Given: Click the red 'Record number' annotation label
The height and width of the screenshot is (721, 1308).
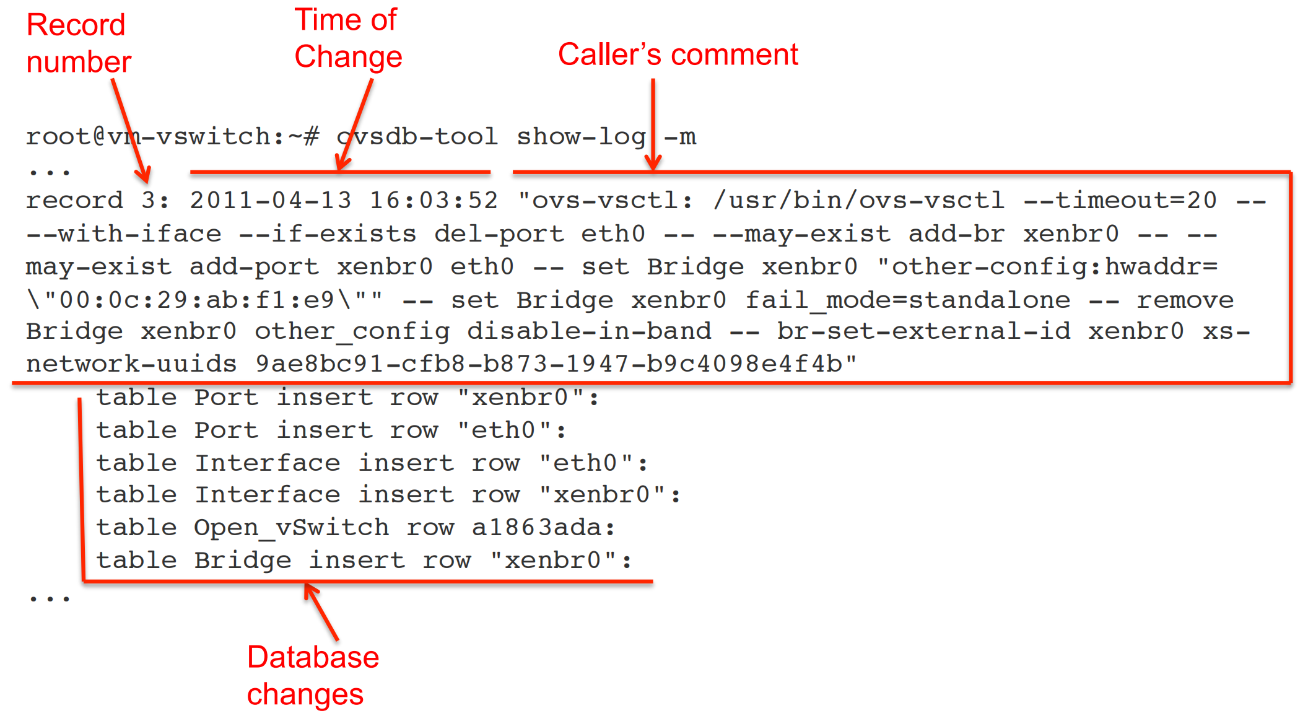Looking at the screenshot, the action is [78, 43].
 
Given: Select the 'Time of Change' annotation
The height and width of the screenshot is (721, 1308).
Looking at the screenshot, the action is [348, 38].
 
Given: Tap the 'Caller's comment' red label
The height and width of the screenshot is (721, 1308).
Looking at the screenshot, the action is [678, 55].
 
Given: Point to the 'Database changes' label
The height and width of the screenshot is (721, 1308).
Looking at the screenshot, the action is [312, 675].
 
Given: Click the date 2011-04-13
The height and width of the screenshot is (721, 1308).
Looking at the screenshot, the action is [271, 201].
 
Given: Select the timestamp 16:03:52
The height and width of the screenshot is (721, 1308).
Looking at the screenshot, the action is [434, 201].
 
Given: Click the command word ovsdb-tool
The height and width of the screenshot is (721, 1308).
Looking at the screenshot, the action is [417, 136].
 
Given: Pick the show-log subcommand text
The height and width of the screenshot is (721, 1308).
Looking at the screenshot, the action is [581, 136].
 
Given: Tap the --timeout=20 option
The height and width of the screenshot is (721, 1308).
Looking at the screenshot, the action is [1120, 201].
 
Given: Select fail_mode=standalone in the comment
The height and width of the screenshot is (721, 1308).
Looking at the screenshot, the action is [907, 300].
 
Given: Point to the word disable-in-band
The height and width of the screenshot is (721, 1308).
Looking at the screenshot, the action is [588, 331].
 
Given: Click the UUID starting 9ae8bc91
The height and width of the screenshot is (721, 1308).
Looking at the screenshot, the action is [549, 364].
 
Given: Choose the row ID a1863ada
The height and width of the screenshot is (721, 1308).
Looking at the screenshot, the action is [536, 528].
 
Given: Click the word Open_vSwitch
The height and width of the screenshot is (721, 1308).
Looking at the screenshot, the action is [291, 528].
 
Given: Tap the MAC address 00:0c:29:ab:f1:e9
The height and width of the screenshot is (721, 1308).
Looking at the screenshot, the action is [204, 300].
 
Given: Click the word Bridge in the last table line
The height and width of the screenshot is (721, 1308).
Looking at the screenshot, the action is [242, 561].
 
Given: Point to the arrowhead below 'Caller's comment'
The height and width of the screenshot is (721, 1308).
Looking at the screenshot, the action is [653, 164].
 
